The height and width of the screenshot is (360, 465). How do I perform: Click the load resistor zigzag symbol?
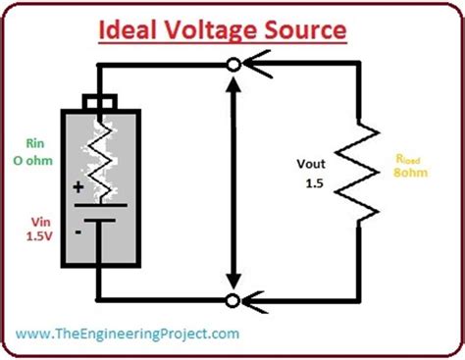[363, 173]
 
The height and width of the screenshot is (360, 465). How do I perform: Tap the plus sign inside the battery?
[76, 186]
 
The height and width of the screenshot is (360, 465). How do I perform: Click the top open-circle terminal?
[232, 66]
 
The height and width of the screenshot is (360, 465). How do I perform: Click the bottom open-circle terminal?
[232, 299]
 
